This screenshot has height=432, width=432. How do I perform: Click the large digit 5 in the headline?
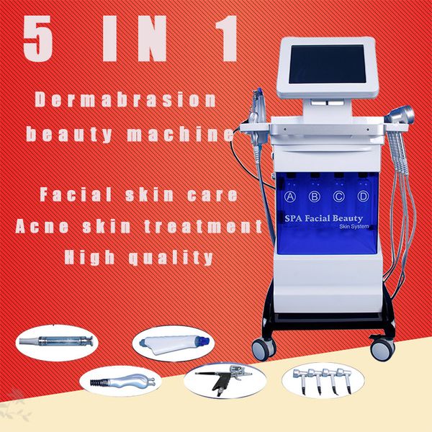click(x=37, y=39)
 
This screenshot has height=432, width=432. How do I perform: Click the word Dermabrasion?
click(x=125, y=100)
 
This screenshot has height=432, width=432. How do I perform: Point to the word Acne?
click(x=42, y=227)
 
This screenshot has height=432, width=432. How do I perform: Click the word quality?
click(x=171, y=258)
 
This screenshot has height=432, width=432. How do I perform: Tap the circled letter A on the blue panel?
click(x=290, y=197)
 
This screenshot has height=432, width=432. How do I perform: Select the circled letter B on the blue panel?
click(x=315, y=197)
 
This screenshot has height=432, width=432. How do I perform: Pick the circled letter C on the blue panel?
click(x=338, y=197)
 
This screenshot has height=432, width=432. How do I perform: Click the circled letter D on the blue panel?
click(x=363, y=196)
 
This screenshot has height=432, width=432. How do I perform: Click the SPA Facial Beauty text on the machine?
click(x=324, y=218)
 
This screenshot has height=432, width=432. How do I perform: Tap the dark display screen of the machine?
click(x=328, y=64)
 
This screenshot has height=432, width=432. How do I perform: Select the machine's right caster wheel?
click(x=383, y=348)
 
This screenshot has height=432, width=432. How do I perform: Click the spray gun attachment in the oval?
click(x=224, y=379)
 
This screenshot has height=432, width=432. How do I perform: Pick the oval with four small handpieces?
click(x=323, y=380)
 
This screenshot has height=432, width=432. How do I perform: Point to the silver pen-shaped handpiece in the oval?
click(x=56, y=341)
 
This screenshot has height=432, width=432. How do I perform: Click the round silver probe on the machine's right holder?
click(x=400, y=115)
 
